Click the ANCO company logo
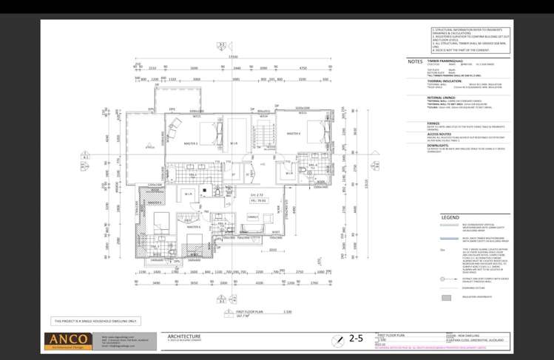pyautogui.click(x=71, y=340)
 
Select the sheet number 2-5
pyautogui.click(x=357, y=339)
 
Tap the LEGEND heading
pyautogui.click(x=450, y=217)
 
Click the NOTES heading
pyautogui.click(x=415, y=61)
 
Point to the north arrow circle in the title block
pyautogui.click(x=337, y=339)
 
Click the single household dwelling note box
pyautogui.click(x=95, y=322)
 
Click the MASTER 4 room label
pyautogui.click(x=294, y=134)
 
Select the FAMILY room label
pyautogui.click(x=252, y=217)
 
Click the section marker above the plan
pyautogui.click(x=220, y=46)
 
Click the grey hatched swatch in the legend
pyautogui.click(x=446, y=298)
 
